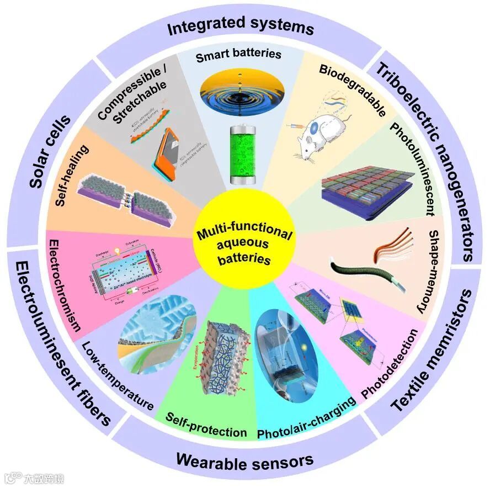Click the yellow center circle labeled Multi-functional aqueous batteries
tap(244, 243)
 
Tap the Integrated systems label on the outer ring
tap(241, 25)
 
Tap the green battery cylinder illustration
tap(243, 155)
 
